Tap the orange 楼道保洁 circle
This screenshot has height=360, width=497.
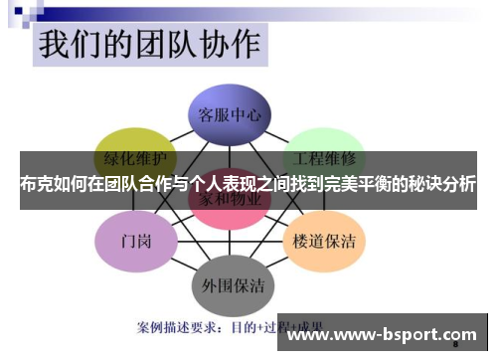pos(326,241)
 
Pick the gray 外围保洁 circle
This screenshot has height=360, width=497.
pos(231,284)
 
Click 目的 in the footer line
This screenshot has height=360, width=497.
pos(246,325)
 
